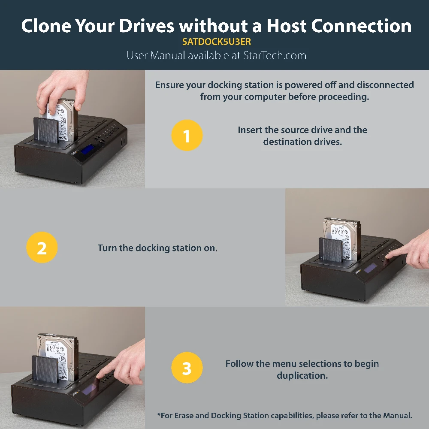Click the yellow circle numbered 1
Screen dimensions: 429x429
click(187, 135)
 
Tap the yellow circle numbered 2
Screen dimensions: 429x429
click(42, 248)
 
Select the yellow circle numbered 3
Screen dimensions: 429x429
click(187, 368)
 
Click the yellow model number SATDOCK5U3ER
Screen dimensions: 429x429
click(216, 42)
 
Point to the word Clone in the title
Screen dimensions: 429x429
click(46, 26)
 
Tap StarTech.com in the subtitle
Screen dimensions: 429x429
click(275, 55)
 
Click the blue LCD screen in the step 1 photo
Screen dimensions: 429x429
click(87, 149)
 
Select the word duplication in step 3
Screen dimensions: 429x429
click(302, 375)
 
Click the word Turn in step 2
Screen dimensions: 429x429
click(107, 248)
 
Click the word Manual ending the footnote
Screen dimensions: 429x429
click(398, 416)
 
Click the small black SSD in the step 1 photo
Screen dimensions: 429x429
click(46, 130)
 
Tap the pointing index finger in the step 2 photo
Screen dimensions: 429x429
click(400, 253)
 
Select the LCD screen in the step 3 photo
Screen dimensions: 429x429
click(89, 390)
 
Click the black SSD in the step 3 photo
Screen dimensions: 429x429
click(45, 369)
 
